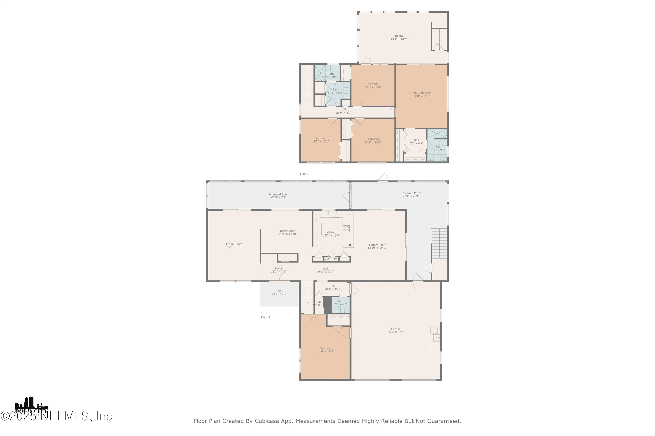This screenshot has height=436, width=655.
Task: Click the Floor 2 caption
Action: tap(304, 174)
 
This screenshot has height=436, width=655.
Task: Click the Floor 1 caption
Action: tap(265, 317)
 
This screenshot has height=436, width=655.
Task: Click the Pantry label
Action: tap(331, 256)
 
